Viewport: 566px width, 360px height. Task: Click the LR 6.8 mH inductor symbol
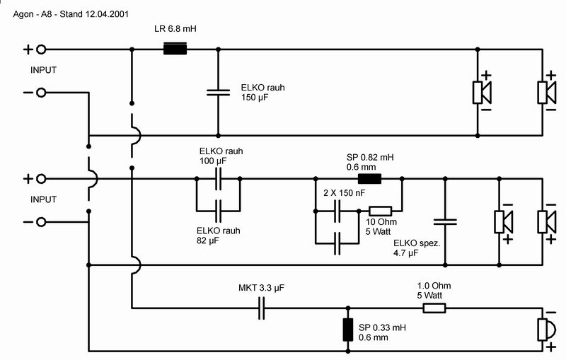pos(175,49)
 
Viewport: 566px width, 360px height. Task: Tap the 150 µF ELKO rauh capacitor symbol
pos(218,93)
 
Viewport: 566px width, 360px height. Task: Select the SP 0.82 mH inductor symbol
pos(369,178)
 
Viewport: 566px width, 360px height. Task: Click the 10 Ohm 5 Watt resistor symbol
pos(380,211)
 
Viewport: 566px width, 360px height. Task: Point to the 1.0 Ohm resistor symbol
pos(434,308)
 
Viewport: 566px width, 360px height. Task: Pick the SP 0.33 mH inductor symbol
pos(348,330)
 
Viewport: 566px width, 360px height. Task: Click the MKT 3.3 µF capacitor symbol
pos(261,308)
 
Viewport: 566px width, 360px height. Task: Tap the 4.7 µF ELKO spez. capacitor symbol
pos(445,221)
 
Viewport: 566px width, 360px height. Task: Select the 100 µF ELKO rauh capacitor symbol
pos(218,178)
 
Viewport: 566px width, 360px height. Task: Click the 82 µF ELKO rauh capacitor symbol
pos(218,211)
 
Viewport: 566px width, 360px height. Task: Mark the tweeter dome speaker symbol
pos(546,330)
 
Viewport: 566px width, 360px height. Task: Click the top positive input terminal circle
pos(41,50)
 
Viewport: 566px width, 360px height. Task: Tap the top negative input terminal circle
pos(41,93)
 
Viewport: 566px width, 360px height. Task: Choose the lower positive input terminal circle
pos(41,178)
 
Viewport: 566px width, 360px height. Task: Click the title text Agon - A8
pos(33,14)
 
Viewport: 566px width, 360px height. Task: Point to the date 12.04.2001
pos(107,14)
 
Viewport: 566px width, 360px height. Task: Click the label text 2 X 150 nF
pos(344,193)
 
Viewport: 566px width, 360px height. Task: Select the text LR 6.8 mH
pos(175,28)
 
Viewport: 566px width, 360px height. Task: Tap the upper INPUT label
pos(43,70)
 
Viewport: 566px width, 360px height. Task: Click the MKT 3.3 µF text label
pos(261,288)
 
